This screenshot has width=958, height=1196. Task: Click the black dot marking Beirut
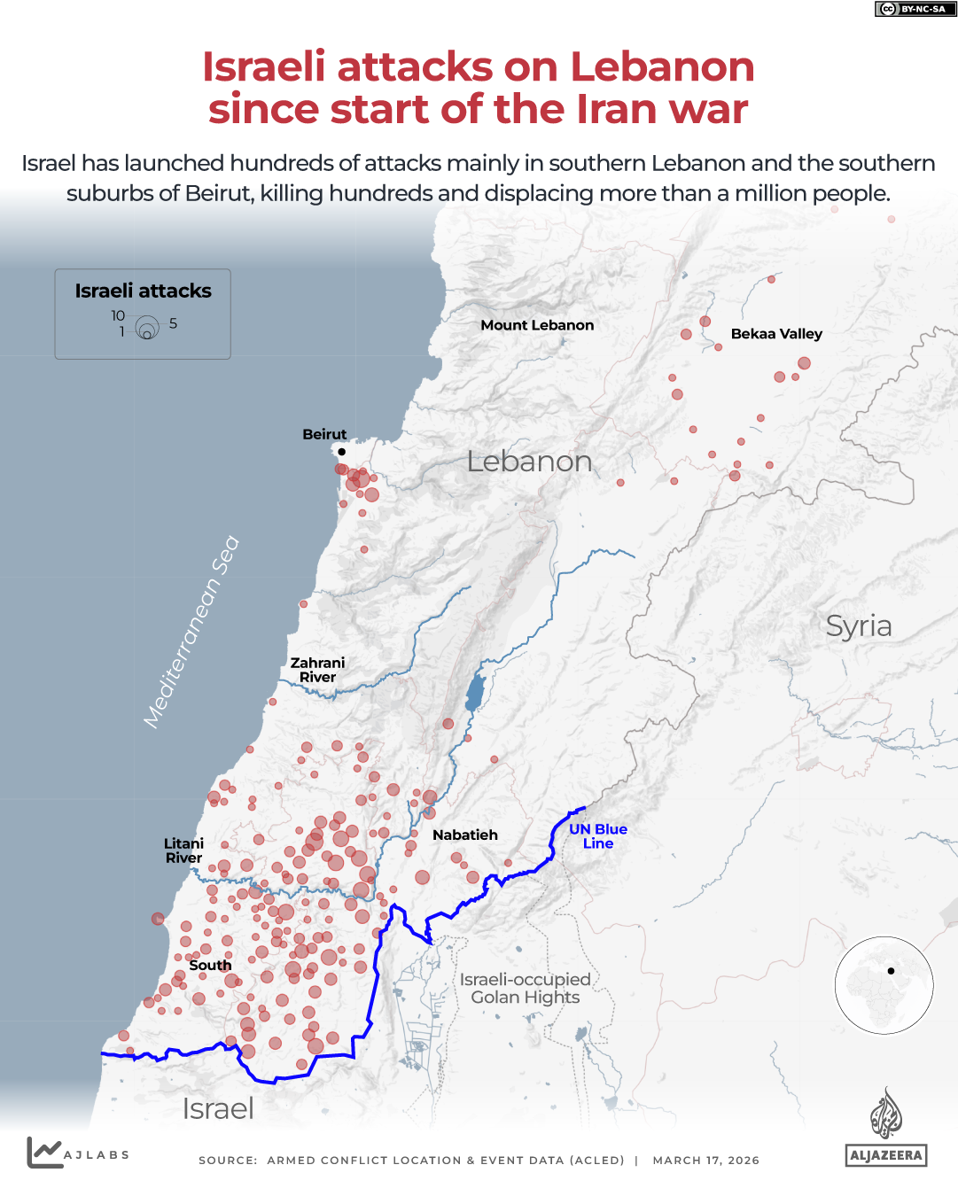[341, 452]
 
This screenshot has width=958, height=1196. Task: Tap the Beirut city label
[324, 434]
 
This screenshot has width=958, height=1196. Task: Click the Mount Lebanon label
[537, 325]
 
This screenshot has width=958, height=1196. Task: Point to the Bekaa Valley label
[776, 334]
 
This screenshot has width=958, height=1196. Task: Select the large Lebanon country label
[529, 462]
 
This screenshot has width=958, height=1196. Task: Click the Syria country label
[858, 625]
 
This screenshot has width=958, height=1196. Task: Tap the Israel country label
[218, 1108]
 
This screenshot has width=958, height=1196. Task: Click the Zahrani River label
[317, 670]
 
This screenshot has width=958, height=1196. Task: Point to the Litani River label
[183, 850]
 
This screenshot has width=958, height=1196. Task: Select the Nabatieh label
[465, 835]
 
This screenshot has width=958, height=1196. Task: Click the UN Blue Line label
[598, 836]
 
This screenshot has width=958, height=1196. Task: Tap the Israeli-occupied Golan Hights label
[526, 989]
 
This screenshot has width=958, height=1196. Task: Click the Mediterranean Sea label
[191, 633]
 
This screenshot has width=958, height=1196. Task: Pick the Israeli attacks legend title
[143, 291]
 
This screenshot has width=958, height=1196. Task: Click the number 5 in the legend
[174, 323]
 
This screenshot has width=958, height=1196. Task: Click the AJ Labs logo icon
[44, 1152]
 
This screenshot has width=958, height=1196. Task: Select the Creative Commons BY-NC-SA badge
[915, 9]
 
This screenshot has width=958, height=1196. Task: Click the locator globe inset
[884, 985]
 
